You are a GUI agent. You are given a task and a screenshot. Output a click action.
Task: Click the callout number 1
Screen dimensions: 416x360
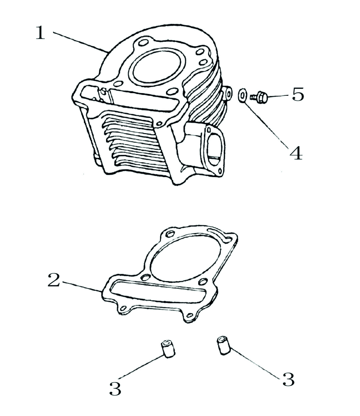40,33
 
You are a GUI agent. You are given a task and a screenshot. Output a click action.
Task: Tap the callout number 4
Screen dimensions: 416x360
296,153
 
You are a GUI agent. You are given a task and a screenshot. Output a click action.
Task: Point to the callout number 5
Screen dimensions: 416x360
298,94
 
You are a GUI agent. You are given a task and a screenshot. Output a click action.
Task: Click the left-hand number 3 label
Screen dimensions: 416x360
115,389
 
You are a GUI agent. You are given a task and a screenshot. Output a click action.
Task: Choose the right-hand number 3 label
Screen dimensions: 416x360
288,379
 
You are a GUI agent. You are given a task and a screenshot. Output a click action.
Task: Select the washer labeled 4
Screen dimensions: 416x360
243,94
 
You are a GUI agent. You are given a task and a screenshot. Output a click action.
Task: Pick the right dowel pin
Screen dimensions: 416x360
223,345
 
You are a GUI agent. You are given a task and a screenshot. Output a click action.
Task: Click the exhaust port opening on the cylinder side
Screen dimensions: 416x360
213,147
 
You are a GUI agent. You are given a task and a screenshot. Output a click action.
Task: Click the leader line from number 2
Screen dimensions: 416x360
83,287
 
